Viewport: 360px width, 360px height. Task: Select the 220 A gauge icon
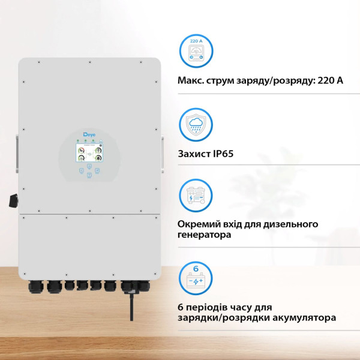tap(196, 50)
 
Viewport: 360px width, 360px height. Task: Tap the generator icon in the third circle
tap(196, 195)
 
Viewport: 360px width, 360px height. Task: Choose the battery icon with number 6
tap(196, 278)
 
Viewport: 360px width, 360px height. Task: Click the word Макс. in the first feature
tap(191, 80)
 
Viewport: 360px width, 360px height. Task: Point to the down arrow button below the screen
tap(89, 175)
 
